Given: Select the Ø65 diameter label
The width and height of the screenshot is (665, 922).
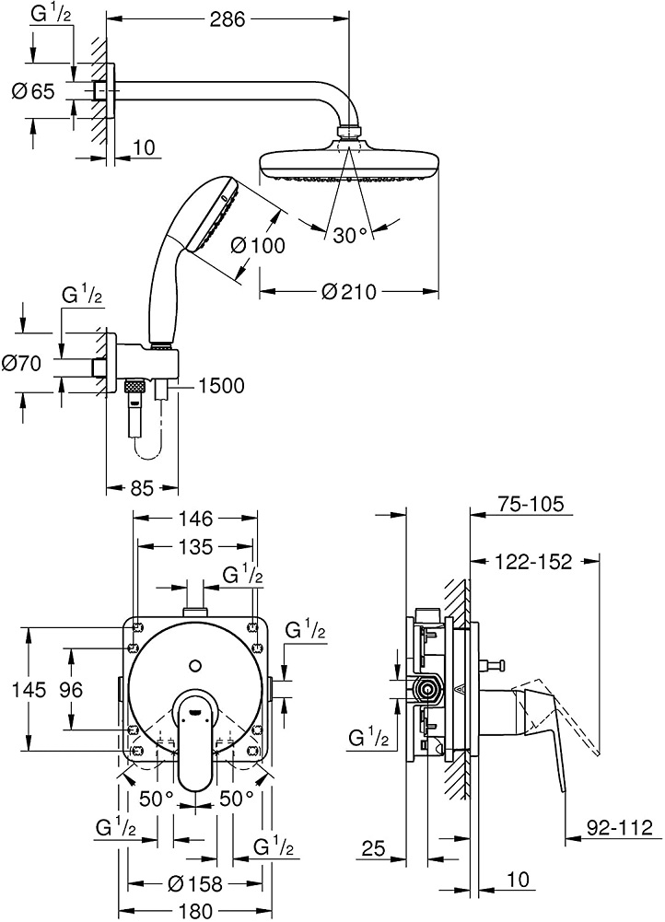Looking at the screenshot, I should coord(33,90).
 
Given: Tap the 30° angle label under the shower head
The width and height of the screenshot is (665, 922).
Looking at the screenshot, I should coord(350,236).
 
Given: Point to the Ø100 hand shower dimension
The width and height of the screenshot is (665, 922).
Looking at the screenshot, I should coord(259,245).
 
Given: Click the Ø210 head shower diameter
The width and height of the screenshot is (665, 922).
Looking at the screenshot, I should coord(349,292).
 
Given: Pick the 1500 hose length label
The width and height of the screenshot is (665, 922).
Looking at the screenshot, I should coord(221,386).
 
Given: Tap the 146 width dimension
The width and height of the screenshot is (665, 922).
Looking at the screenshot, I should coord(194,519).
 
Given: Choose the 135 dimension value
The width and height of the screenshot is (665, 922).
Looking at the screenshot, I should coord(194,547).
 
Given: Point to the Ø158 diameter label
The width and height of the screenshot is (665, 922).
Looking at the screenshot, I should coord(195,884).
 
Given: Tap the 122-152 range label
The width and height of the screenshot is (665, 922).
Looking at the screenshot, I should coord(531,561).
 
